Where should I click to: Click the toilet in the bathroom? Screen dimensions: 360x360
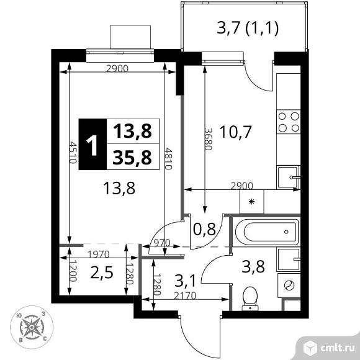(x=250, y=297)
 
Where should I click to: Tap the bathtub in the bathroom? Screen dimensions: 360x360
(x=265, y=233)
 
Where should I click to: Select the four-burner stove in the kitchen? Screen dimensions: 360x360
(x=287, y=122)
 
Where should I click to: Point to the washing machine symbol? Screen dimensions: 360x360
(x=289, y=286)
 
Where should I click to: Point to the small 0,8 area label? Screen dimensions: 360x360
(x=204, y=230)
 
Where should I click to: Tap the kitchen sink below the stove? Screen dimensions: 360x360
(x=288, y=176)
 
